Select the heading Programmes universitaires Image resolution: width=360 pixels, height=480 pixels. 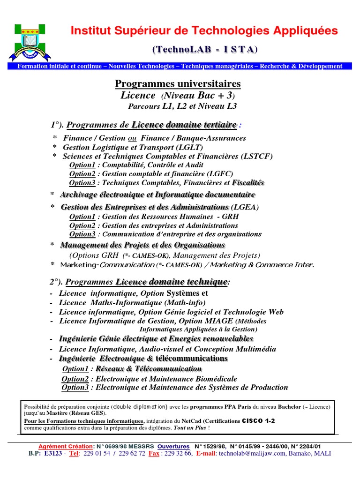pyautogui.click(x=178, y=83)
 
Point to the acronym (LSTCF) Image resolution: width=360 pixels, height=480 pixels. pyautogui.click(x=257, y=156)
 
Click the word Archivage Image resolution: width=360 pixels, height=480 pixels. pyautogui.click(x=77, y=195)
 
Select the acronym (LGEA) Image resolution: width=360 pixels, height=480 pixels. pyautogui.click(x=246, y=207)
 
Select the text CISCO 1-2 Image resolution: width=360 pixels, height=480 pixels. pyautogui.click(x=258, y=421)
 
